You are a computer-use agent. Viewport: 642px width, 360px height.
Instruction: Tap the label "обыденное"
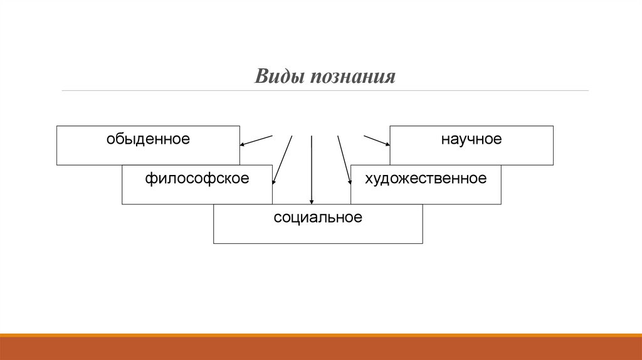point(147,139)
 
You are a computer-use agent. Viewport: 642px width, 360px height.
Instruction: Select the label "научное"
point(471,139)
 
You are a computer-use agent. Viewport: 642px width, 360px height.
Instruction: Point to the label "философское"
point(197,178)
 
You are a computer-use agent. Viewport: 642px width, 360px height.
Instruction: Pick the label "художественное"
point(426,178)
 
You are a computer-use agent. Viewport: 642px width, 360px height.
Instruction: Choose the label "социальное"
point(318,218)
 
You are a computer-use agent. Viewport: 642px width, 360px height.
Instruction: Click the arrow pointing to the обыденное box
point(256,140)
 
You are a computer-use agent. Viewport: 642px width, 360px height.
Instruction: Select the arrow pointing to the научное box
point(377,140)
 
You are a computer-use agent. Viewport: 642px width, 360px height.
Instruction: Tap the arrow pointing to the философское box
point(283,159)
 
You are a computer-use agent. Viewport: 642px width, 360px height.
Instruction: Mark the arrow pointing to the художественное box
point(344,159)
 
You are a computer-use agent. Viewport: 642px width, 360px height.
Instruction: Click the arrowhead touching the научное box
point(387,144)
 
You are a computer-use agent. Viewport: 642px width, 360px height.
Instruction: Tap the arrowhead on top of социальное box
point(312,201)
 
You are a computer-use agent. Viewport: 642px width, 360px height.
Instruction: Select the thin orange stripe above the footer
point(321,335)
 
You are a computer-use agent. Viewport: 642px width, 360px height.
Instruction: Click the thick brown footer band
point(321,349)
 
